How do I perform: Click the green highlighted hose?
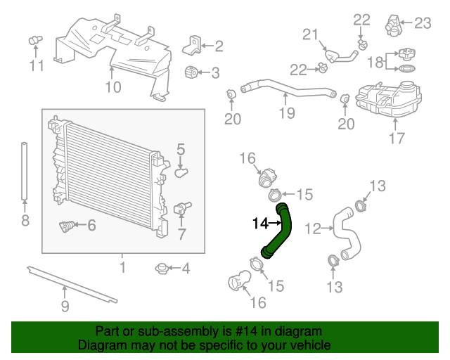pos(280,231)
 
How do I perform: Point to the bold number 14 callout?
pos(259,224)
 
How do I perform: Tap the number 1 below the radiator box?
pos(122,267)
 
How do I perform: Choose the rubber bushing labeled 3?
pos(191,72)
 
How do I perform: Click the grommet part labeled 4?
pos(162,268)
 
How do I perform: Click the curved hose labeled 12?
pos(345,232)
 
